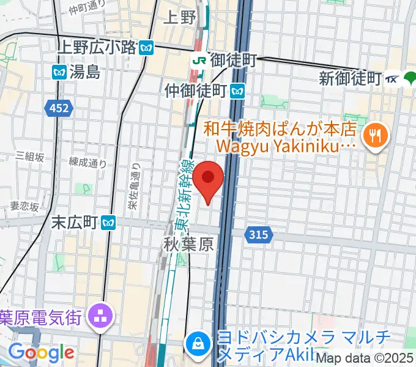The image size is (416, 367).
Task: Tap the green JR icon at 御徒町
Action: point(199,61)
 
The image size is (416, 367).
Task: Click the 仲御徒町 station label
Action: point(196,91)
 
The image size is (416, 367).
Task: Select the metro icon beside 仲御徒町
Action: point(238,92)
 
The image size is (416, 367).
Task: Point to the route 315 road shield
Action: point(256,234)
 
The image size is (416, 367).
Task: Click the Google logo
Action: point(41,352)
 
